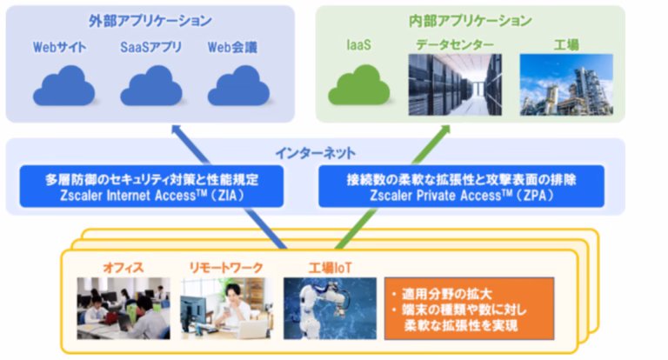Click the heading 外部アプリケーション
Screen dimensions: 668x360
(150, 21)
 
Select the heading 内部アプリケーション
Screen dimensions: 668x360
(471, 21)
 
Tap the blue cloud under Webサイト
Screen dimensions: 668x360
(63, 85)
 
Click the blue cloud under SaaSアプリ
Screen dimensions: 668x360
(151, 85)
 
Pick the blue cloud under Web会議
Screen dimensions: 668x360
(238, 85)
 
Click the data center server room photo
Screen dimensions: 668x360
(455, 84)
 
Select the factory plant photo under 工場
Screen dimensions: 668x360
(566, 84)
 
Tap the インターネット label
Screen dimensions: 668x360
(315, 153)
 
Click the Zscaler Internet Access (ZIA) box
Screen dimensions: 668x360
(151, 187)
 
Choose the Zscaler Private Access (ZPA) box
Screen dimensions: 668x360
(461, 187)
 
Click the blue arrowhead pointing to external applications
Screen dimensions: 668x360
(177, 130)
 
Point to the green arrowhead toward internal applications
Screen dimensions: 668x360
(444, 130)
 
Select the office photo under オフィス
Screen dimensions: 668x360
(124, 309)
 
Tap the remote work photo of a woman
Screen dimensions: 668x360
(227, 309)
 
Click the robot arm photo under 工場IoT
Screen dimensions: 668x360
(331, 309)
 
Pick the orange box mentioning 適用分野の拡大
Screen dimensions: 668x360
(469, 309)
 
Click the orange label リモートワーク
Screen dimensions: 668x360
(226, 268)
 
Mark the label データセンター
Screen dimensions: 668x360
(455, 44)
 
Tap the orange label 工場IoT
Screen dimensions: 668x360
(331, 268)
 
